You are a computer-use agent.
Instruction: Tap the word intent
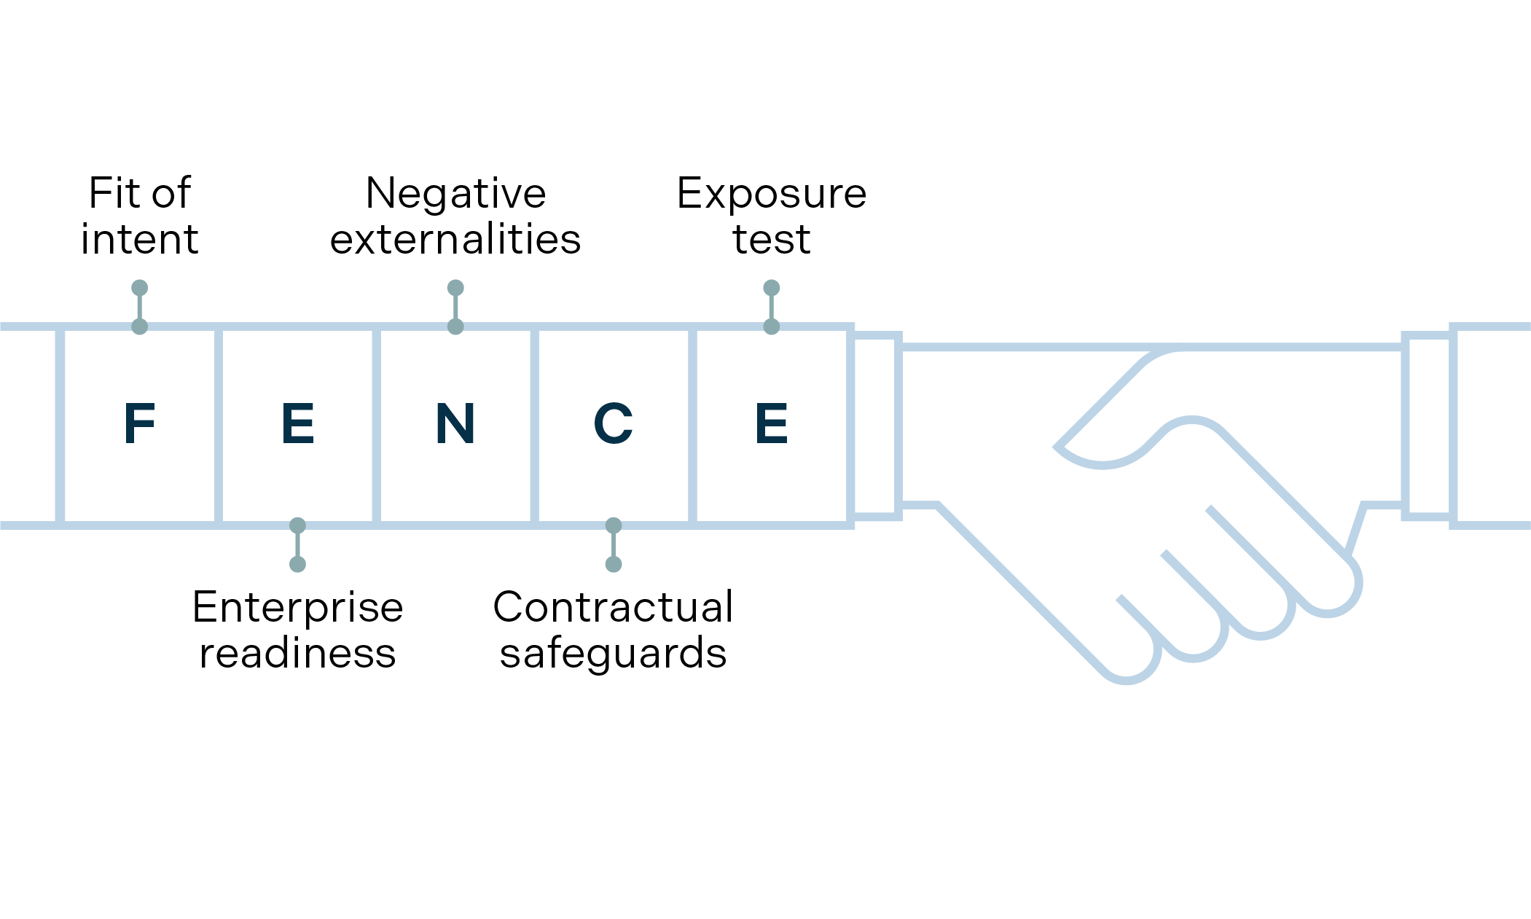click(x=139, y=239)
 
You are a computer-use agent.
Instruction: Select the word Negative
click(x=455, y=193)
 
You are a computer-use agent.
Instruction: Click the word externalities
click(x=455, y=239)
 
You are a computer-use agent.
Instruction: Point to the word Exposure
click(x=771, y=193)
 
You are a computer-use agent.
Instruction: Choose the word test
click(x=771, y=239)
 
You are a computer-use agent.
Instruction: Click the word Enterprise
click(x=297, y=607)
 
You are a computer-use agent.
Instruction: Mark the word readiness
click(x=297, y=653)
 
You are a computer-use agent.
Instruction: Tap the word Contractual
click(x=613, y=607)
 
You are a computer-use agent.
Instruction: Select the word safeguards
click(x=613, y=653)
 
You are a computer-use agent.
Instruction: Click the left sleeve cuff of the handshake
click(x=877, y=426)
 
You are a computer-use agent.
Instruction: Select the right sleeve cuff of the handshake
click(x=1429, y=426)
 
